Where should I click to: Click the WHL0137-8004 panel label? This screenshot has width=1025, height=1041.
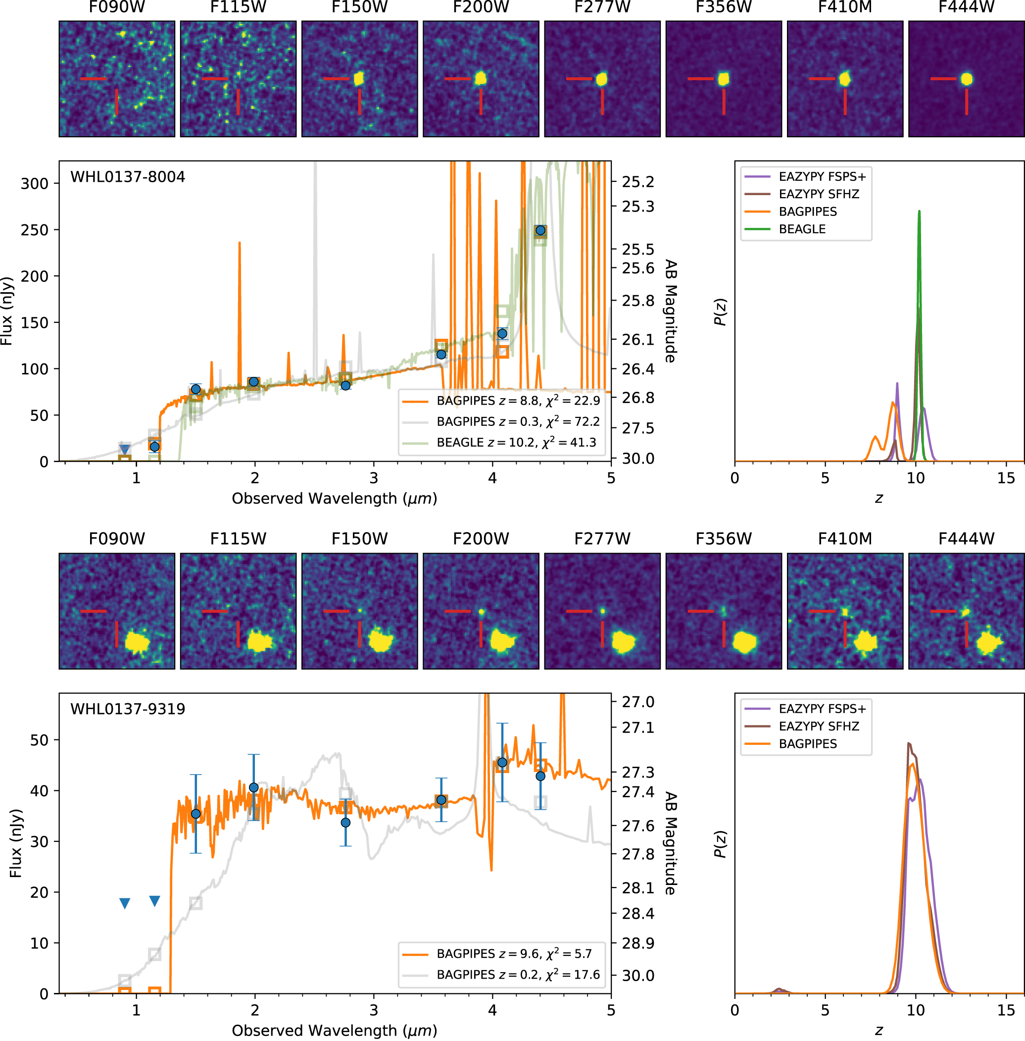(128, 177)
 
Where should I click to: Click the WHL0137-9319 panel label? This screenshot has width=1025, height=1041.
(128, 709)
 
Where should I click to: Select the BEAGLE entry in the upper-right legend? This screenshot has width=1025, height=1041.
(802, 229)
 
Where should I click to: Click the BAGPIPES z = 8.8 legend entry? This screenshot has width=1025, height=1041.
(517, 401)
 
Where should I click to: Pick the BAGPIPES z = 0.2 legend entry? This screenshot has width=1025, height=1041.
(517, 975)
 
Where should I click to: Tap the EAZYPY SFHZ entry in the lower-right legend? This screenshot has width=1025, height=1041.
(818, 726)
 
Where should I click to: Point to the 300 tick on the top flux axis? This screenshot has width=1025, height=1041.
(34, 184)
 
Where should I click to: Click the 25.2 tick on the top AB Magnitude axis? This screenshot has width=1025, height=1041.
(638, 182)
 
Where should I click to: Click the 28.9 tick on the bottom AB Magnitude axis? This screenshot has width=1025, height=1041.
(638, 943)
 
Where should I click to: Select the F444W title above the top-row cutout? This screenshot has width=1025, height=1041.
(966, 7)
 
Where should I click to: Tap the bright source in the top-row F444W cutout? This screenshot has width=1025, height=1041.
(966, 79)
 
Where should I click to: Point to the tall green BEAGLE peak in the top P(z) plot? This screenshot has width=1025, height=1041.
(919, 213)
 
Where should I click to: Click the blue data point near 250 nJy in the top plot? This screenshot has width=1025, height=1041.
(540, 230)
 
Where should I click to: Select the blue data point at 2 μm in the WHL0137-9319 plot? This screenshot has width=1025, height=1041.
(253, 787)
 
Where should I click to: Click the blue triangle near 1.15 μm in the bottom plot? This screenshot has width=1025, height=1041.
(154, 901)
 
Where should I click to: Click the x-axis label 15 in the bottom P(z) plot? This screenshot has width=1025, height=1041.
(1005, 1010)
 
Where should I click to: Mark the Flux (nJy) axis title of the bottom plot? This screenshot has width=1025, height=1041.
(16, 843)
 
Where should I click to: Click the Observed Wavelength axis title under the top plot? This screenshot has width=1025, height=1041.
(334, 499)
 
